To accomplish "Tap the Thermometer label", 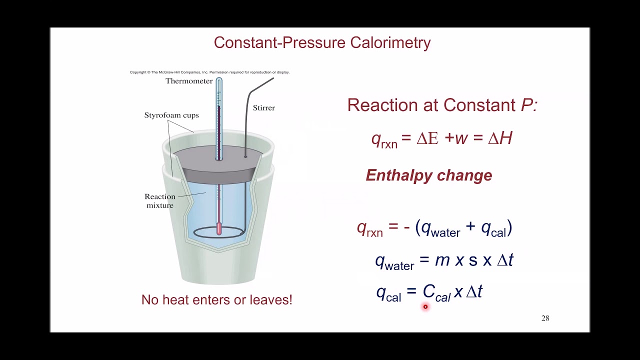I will [189, 81].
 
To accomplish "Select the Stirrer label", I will [263, 107].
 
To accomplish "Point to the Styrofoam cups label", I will [171, 115].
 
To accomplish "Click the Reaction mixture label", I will [160, 201].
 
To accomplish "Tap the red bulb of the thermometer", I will [219, 228].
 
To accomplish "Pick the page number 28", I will [545, 318].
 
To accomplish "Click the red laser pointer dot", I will [425, 307].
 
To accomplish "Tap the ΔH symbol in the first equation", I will [500, 138].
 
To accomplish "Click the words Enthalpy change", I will [429, 175].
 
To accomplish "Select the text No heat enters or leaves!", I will [216, 300].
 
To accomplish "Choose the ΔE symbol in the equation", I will [427, 138].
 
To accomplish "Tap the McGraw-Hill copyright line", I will [209, 72].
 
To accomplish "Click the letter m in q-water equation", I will [442, 260].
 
